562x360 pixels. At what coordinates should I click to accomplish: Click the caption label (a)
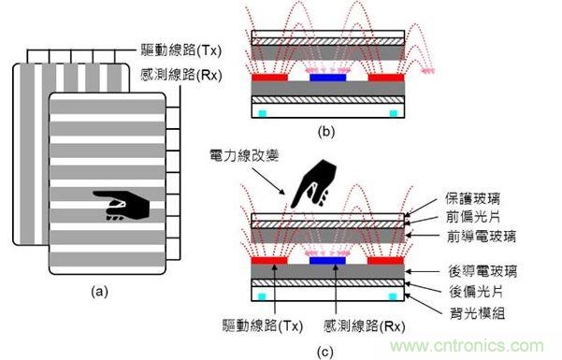click(x=103, y=292)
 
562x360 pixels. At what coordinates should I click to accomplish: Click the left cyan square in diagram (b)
click(x=261, y=112)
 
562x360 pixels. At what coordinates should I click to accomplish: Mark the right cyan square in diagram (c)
click(x=392, y=295)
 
